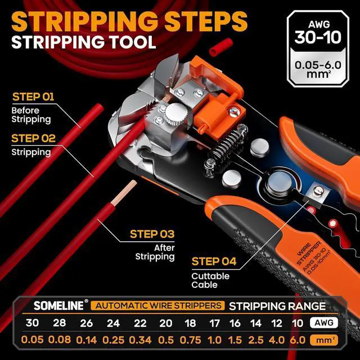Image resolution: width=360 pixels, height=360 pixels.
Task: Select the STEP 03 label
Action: pos(152,234)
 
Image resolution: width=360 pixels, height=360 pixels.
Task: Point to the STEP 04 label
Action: pos(214,261)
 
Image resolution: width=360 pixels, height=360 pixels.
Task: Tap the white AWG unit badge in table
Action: pos(323,323)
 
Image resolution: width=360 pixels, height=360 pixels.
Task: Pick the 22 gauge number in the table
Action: pos(140,323)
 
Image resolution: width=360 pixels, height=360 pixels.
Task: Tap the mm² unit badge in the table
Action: pos(323,340)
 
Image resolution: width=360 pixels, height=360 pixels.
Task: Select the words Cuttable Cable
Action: pos(210,280)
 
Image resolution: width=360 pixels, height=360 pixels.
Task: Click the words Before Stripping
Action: pos(31,115)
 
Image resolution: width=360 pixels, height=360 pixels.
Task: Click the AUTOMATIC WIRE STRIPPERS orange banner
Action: pos(159,306)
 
